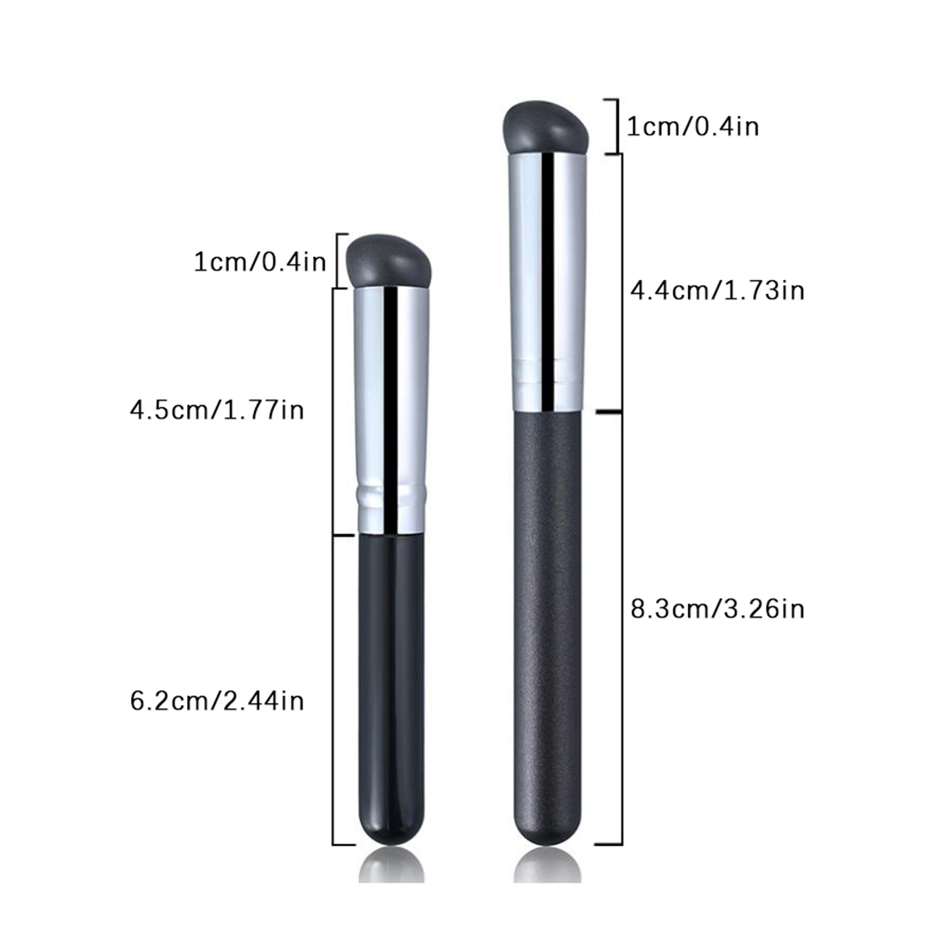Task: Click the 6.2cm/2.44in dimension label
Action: tap(217, 701)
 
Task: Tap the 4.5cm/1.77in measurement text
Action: tap(217, 410)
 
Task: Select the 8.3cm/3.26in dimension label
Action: tap(717, 609)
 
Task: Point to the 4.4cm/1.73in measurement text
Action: tap(717, 290)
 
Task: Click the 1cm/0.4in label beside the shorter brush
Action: tap(260, 262)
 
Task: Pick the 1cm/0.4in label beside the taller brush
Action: tap(693, 126)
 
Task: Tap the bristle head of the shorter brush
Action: tap(389, 260)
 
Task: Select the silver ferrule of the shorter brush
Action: tap(391, 410)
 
